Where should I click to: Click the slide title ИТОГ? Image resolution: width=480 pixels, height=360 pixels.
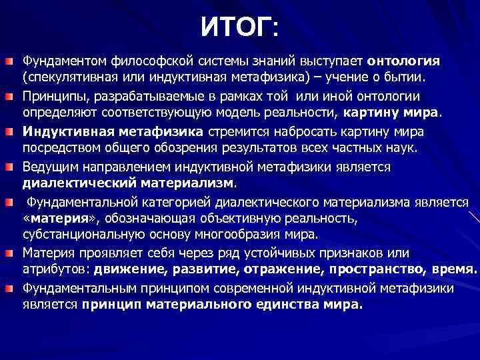pyautogui.click(x=241, y=28)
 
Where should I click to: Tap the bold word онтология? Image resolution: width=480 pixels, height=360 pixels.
pyautogui.click(x=403, y=61)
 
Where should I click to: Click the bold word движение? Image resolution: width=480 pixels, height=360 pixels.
pyautogui.click(x=130, y=270)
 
